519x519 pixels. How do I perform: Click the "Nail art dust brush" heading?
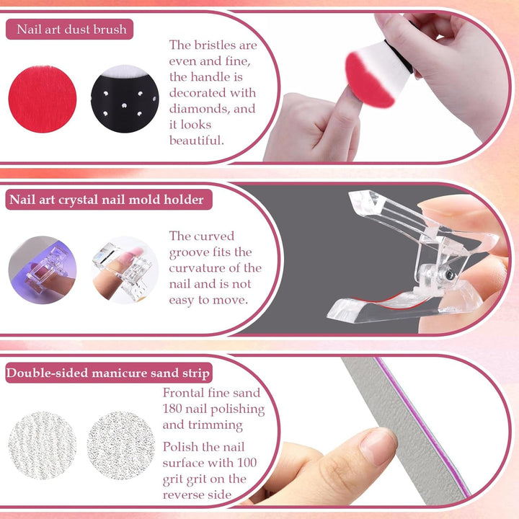point(70,30)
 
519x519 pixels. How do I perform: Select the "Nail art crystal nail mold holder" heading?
point(105,200)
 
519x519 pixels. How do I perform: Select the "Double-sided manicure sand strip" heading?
point(108,373)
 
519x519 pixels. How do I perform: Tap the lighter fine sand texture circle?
point(42,445)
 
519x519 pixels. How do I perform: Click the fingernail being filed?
point(378,445)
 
